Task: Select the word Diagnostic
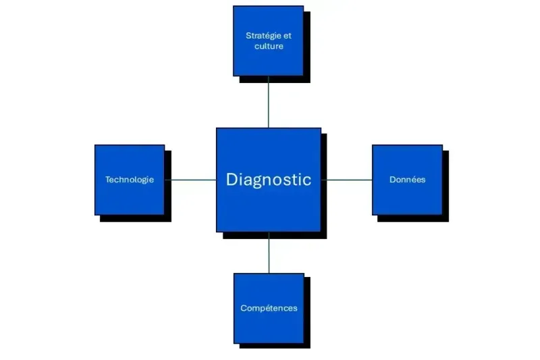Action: [269, 180]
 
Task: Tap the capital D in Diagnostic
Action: [232, 179]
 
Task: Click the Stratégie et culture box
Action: [268, 61]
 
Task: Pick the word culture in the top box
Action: [269, 47]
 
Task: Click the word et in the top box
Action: [288, 35]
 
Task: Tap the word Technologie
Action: [130, 180]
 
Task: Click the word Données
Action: [407, 180]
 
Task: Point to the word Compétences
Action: [269, 308]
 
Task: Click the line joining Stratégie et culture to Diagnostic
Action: [268, 101]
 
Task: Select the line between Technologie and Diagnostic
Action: [190, 180]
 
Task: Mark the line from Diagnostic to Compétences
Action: [269, 253]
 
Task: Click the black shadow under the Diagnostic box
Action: [277, 235]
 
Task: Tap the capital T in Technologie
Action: [107, 180]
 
